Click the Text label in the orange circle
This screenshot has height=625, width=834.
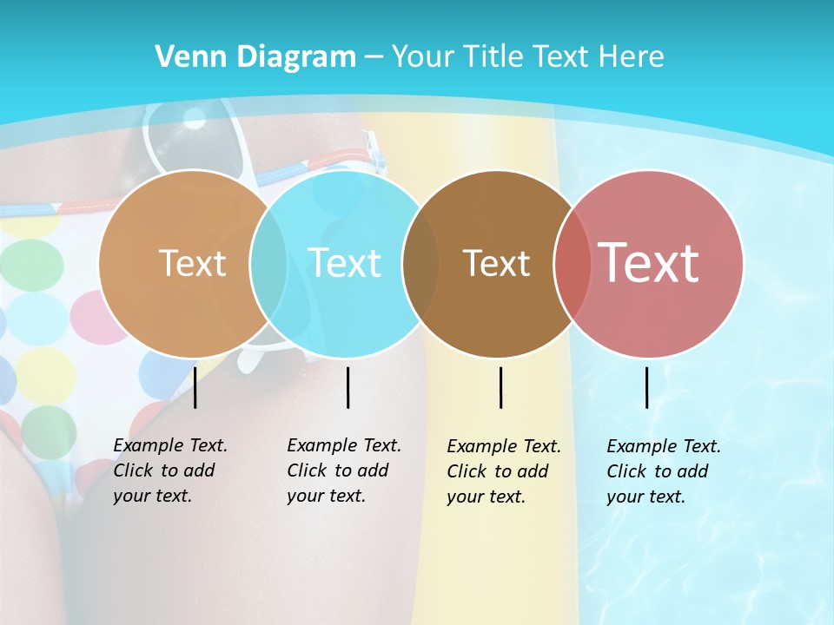pos(192,263)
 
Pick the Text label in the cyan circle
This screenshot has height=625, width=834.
pos(344,263)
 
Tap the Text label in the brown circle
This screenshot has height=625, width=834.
pos(496,263)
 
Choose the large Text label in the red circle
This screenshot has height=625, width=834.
pos(648,262)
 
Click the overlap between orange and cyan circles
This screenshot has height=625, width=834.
pos(268,263)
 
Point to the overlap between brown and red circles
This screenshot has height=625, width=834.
pos(573,263)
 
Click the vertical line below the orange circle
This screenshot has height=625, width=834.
pos(195,387)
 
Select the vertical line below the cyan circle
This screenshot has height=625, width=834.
pos(347,387)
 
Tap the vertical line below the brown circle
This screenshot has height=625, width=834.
pos(500,387)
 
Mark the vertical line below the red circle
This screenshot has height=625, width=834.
pos(646,387)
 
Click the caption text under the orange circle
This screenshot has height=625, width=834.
pos(169,470)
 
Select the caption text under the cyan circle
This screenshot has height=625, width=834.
pos(343,470)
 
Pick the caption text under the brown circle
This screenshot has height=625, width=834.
pos(503,471)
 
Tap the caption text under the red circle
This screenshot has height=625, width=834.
pos(663,471)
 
